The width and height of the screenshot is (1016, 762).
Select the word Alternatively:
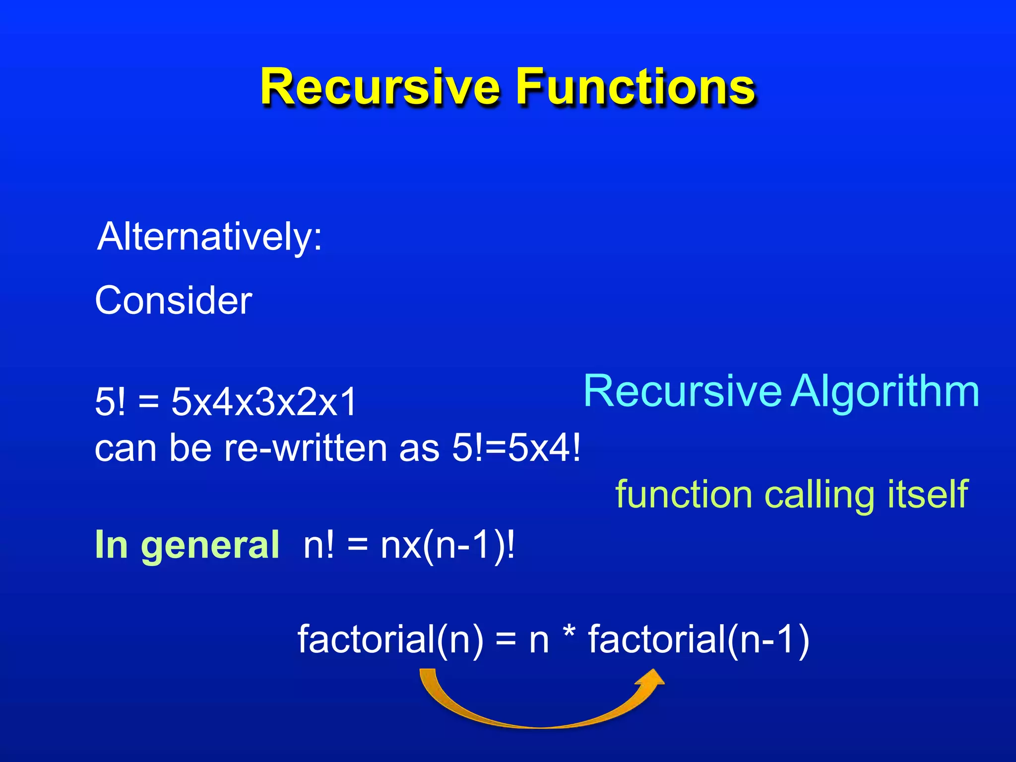tap(210, 237)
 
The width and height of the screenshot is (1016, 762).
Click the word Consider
tap(174, 301)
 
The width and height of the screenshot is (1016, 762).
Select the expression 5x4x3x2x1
tap(264, 402)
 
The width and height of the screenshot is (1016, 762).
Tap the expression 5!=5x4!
tap(516, 448)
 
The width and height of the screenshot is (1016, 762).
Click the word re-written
tap(306, 448)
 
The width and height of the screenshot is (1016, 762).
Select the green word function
tap(684, 495)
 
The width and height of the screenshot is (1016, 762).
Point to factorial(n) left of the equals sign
tap(390, 639)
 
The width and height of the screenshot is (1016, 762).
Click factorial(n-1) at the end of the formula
tap(698, 639)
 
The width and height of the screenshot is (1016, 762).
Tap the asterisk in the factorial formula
tap(569, 633)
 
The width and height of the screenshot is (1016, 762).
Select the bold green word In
tap(111, 545)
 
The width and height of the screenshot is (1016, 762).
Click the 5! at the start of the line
tap(110, 402)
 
